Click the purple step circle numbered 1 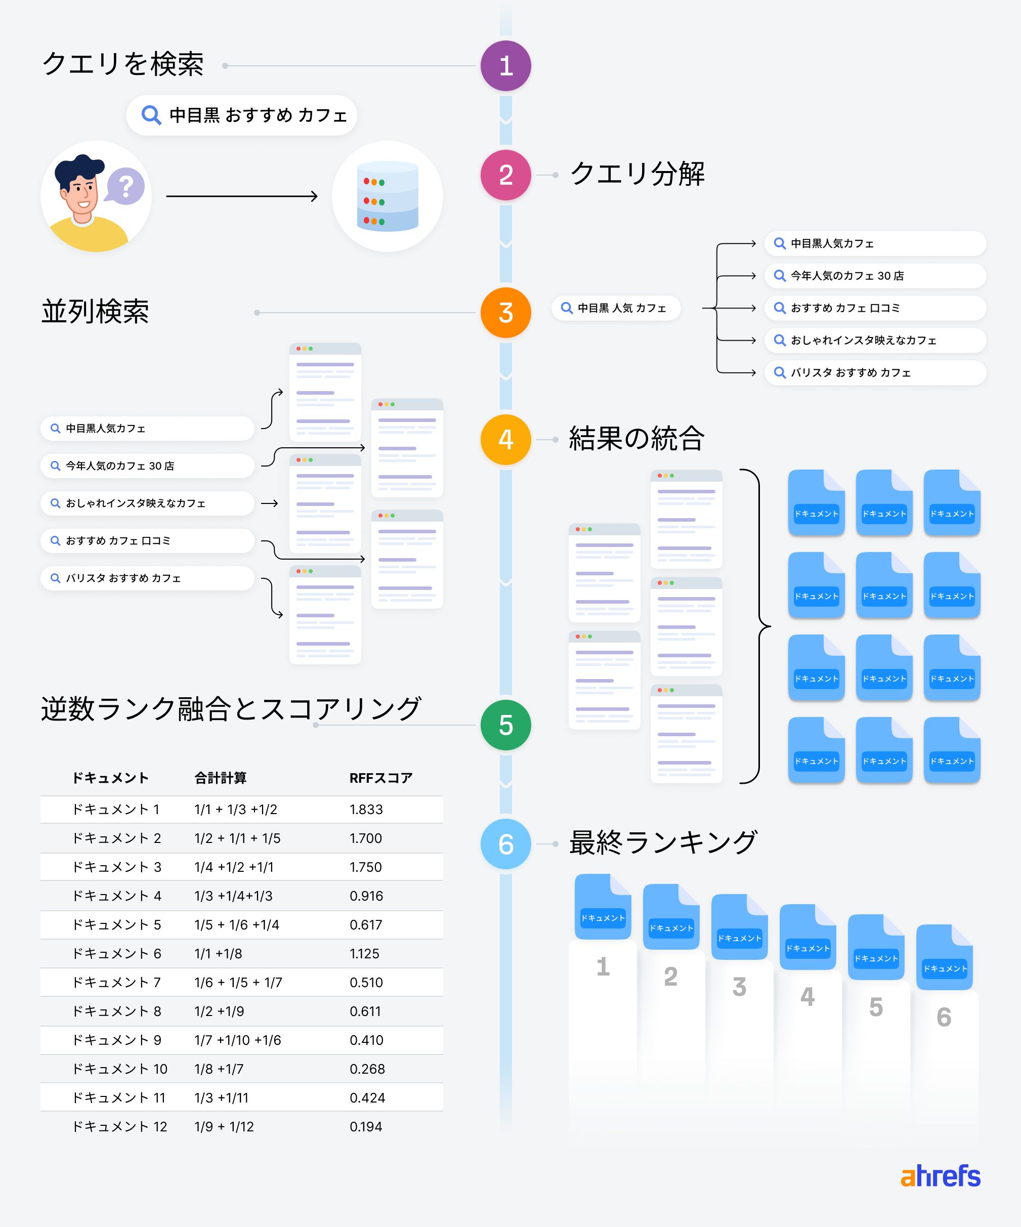506,65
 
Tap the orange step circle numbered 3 506,313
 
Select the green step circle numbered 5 506,725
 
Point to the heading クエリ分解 637,174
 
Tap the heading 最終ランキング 663,842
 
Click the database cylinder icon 387,196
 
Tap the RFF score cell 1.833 366,809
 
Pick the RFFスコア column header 381,778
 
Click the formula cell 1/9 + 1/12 224,1126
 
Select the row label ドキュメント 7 116,982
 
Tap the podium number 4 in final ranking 807,997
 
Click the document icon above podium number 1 603,906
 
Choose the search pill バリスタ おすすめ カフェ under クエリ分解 875,373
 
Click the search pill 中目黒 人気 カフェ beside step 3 616,308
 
